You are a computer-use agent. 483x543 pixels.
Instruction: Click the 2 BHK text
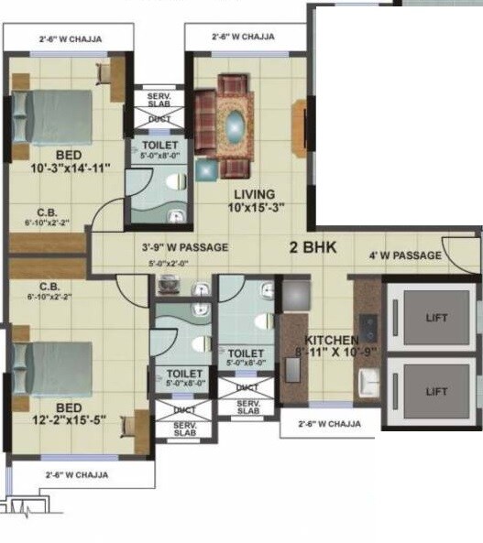314,247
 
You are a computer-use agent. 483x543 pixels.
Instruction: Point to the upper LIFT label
438,318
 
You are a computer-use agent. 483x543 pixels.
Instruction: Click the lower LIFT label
438,390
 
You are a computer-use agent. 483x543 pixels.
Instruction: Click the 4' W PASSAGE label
405,255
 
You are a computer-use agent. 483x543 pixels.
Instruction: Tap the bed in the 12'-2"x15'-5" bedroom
54,368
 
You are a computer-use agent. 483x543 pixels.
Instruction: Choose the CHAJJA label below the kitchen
320,424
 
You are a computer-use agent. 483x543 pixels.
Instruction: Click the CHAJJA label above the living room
244,38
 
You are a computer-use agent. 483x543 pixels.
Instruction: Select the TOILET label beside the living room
161,147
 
